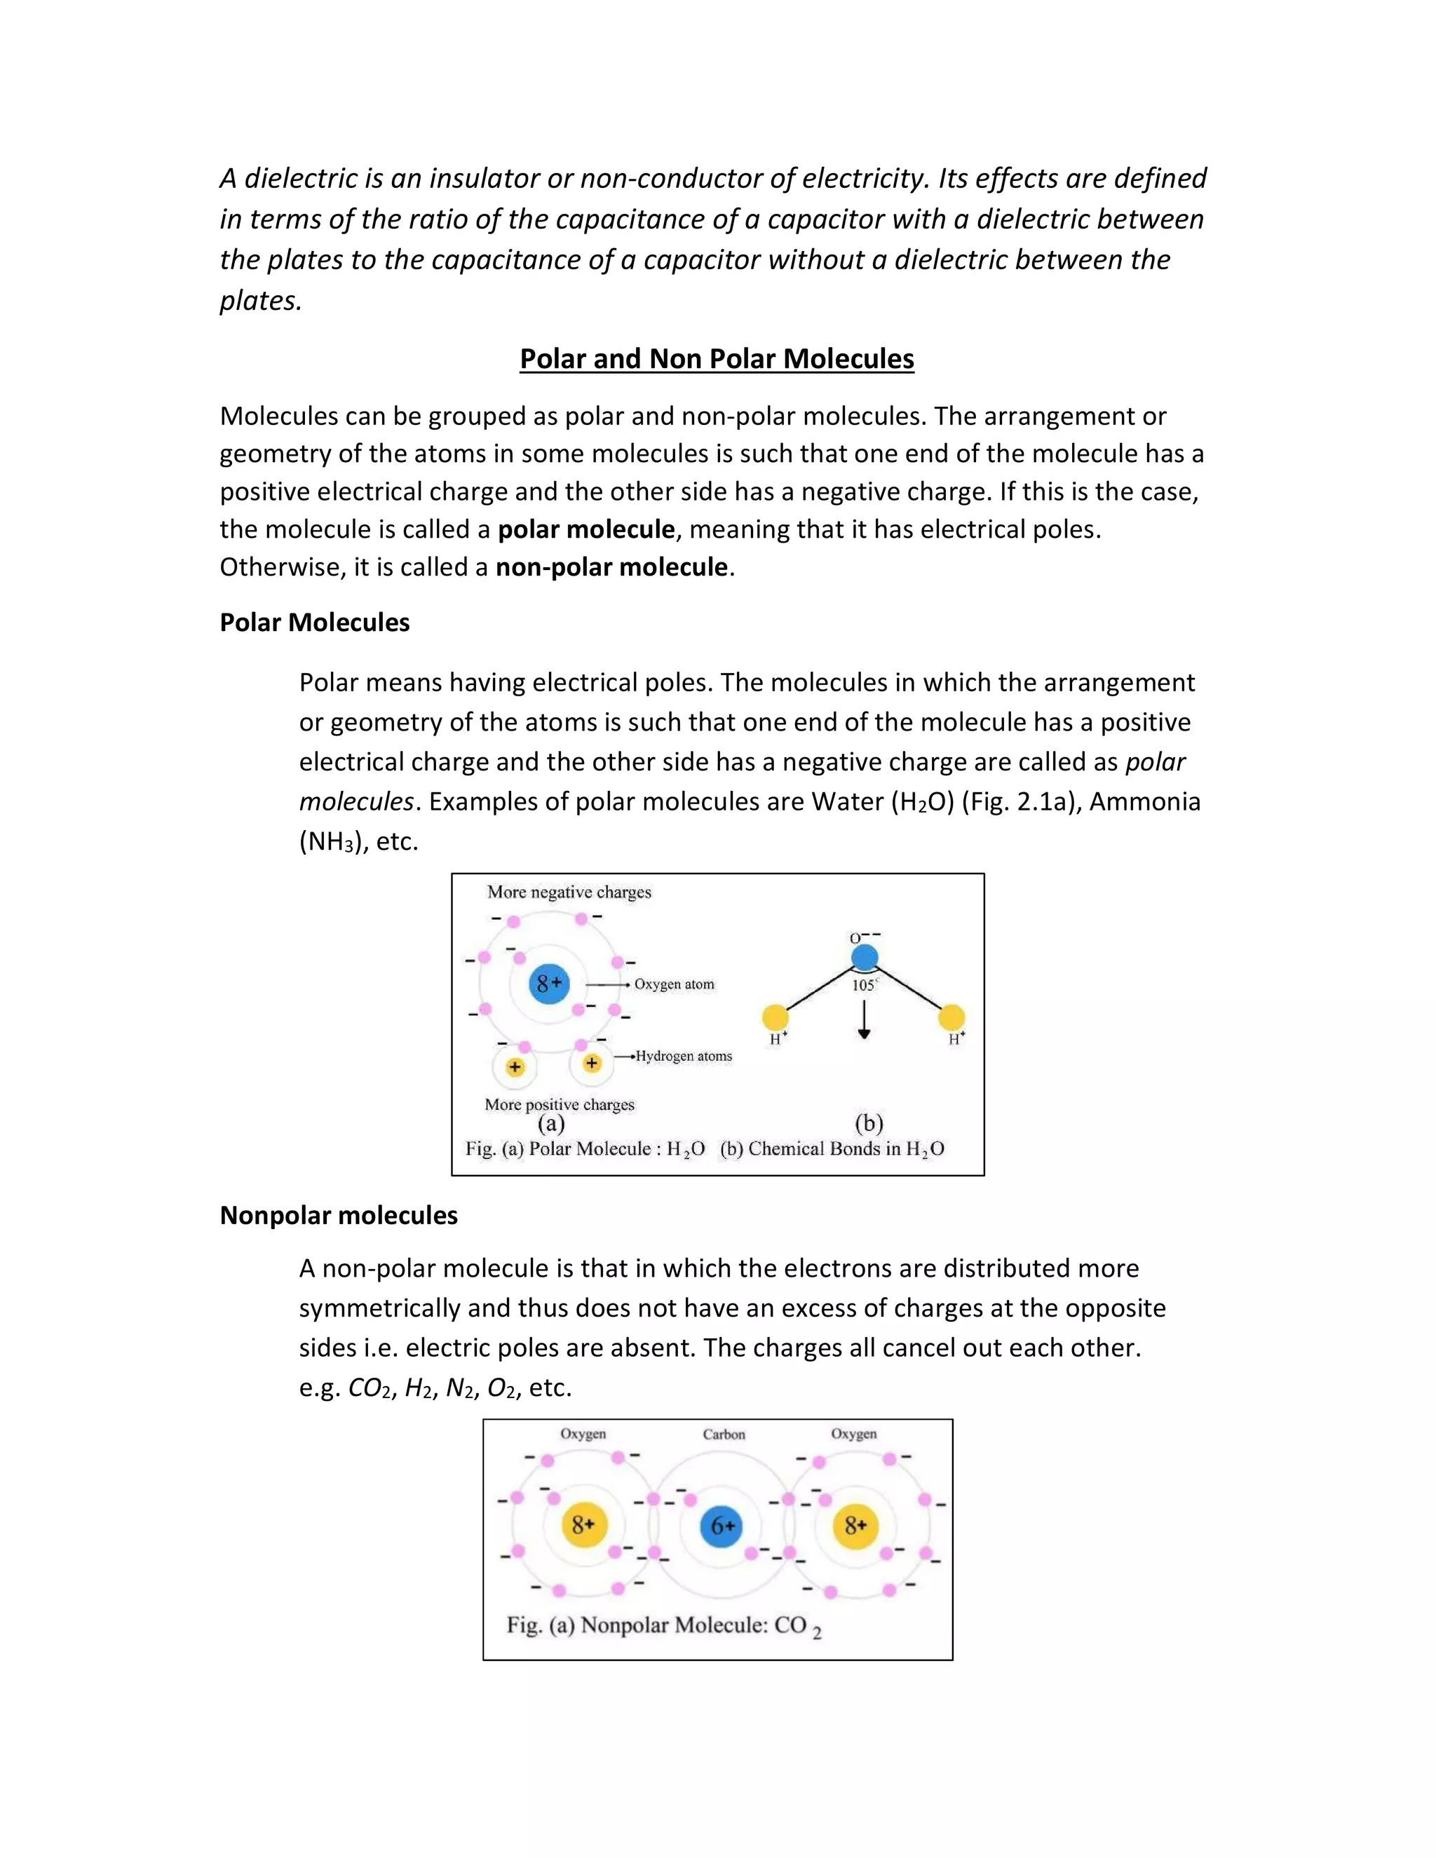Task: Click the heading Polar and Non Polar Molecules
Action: pos(717,359)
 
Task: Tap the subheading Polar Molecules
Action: pos(314,623)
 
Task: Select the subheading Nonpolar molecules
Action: pos(339,1216)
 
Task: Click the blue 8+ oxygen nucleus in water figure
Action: pos(549,984)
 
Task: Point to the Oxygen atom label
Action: pos(674,984)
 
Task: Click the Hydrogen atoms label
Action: pos(683,1057)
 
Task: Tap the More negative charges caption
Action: pos(569,893)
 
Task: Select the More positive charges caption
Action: pos(559,1104)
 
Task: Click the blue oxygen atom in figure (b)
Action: pos(865,957)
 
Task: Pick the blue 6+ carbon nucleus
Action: pos(722,1526)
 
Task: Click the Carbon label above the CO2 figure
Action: pos(723,1435)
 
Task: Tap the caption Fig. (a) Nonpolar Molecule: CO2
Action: pos(663,1626)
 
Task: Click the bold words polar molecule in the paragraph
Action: pos(586,530)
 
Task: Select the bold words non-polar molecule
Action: pos(611,567)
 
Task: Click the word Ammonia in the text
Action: pos(1144,802)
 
